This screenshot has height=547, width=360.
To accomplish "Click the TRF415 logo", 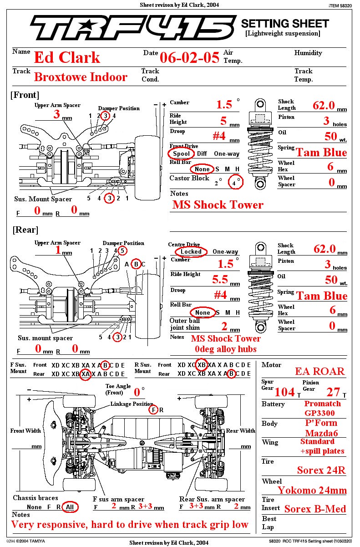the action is tap(133, 27).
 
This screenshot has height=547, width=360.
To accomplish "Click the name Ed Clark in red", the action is tap(67, 57).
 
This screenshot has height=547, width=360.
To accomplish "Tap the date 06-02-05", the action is tap(190, 58).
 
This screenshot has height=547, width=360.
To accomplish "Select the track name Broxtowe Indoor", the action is tap(81, 77).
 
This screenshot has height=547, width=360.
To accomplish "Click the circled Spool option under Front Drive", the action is tap(181, 153).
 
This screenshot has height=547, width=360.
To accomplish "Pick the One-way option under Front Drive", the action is tap(227, 153).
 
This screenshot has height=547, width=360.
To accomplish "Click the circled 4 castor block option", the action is tap(236, 182).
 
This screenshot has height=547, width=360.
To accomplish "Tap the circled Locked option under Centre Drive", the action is tap(191, 251).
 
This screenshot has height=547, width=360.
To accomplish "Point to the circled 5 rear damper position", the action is tap(122, 250).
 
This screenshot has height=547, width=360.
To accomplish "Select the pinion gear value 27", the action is tap(333, 392).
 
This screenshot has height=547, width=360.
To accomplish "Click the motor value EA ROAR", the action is tap(320, 372).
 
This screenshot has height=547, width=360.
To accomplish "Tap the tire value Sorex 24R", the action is tap(321, 470).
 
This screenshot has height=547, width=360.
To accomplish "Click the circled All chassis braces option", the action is tap(70, 507).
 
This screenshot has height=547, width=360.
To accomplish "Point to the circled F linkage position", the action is tap(153, 409).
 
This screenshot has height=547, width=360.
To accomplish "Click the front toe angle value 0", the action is tap(137, 392).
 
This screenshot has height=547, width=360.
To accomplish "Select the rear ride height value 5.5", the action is tap(220, 279).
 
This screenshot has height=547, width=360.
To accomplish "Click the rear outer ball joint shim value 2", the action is tap(224, 326).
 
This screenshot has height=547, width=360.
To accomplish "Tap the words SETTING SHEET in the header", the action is tap(285, 24).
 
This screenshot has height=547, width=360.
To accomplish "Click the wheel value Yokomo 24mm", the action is tap(312, 491).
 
